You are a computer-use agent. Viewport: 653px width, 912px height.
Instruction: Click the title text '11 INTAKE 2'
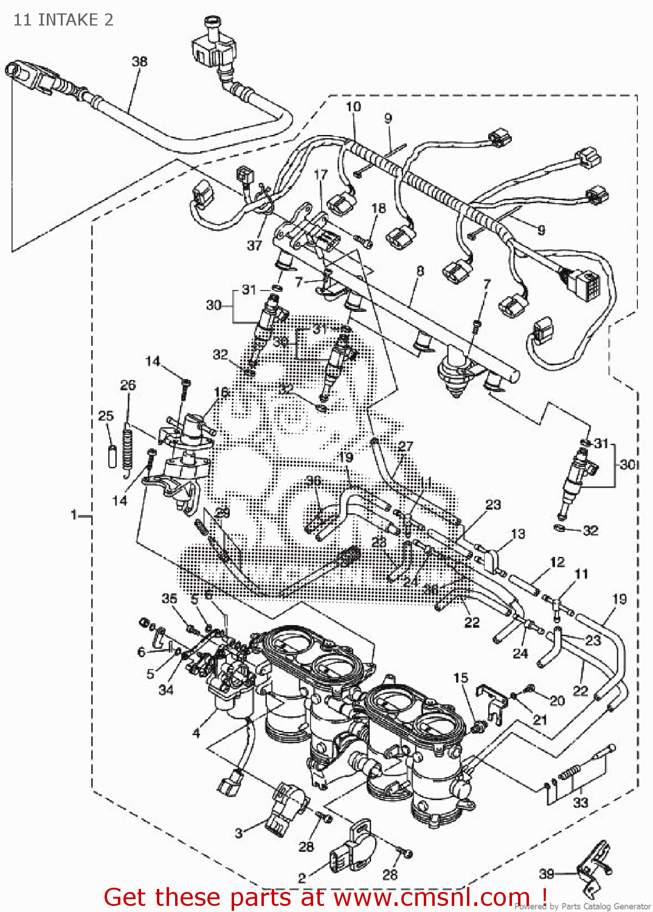click(63, 20)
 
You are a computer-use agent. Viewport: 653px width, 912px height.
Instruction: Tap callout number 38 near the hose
click(139, 61)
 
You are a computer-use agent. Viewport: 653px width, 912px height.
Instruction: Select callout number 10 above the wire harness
click(353, 107)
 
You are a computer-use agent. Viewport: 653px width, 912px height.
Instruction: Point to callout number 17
click(320, 174)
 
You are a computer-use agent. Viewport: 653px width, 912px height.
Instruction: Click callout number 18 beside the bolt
click(379, 208)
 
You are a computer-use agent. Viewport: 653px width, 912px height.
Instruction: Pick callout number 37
click(254, 245)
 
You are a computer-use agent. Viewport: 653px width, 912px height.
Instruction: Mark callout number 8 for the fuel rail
click(420, 271)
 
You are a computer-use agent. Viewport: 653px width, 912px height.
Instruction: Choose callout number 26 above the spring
click(128, 385)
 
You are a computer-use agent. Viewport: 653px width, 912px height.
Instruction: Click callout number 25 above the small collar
click(106, 416)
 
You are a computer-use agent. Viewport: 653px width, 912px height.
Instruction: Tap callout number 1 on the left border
click(74, 516)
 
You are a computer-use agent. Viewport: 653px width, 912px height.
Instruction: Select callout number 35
click(169, 598)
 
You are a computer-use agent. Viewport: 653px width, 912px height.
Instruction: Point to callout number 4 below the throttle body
click(196, 733)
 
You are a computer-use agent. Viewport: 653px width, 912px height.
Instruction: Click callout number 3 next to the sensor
click(238, 833)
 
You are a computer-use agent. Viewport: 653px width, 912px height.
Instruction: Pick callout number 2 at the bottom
click(302, 878)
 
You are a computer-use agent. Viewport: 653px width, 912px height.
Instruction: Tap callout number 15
click(461, 677)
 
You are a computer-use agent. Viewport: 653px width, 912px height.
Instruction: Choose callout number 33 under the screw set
click(581, 803)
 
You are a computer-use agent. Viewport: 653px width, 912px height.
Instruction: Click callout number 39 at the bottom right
click(547, 874)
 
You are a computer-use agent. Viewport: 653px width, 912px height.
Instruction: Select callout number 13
click(518, 534)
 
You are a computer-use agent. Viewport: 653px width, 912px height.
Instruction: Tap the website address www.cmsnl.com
click(432, 897)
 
